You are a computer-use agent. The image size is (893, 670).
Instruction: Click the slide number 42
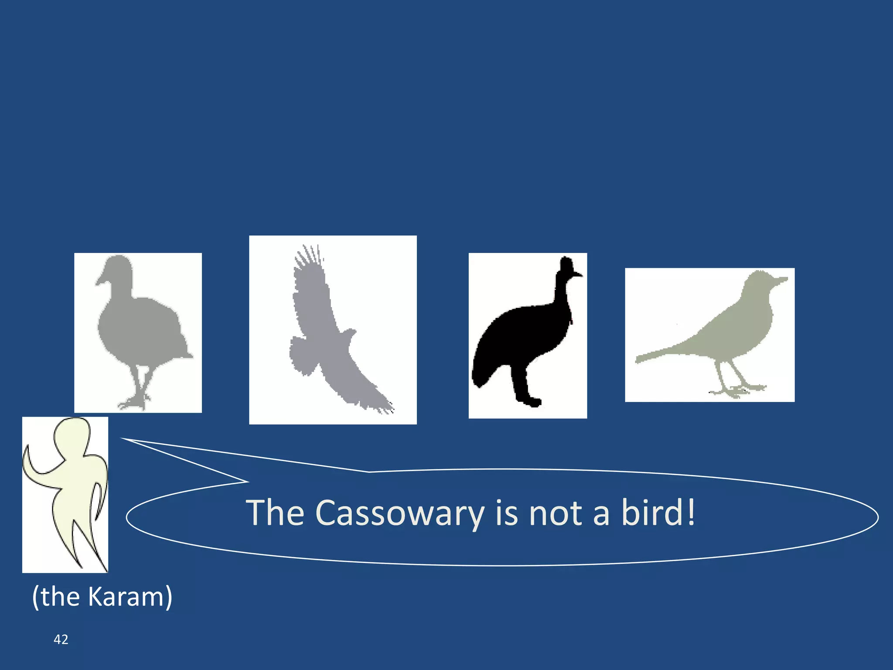(61, 639)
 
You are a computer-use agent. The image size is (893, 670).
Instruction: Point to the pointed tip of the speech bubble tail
(123, 439)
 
